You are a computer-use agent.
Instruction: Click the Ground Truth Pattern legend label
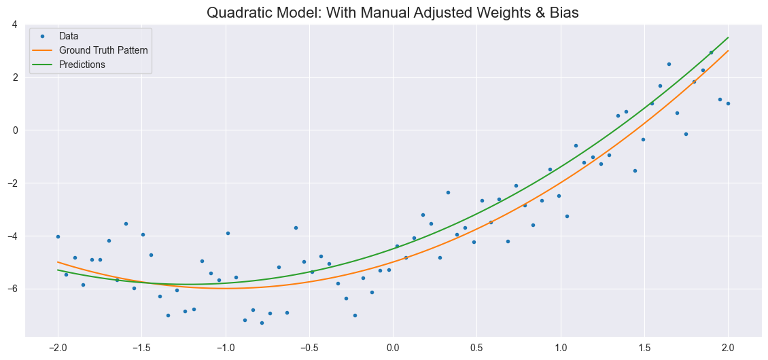(103, 50)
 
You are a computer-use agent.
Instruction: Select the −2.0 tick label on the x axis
(58, 348)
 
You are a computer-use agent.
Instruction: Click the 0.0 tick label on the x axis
(393, 348)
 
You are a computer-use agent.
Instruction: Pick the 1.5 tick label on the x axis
(644, 348)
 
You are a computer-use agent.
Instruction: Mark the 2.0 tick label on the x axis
(728, 348)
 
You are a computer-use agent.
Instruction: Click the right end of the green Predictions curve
(728, 37)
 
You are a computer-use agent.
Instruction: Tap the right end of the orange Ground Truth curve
(728, 51)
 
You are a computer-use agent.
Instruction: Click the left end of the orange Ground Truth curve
(58, 262)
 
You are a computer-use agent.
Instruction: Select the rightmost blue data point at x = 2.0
(728, 103)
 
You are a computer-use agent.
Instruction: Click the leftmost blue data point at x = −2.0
(58, 236)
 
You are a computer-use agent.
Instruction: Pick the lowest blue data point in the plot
(262, 323)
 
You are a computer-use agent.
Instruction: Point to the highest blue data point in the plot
(711, 52)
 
